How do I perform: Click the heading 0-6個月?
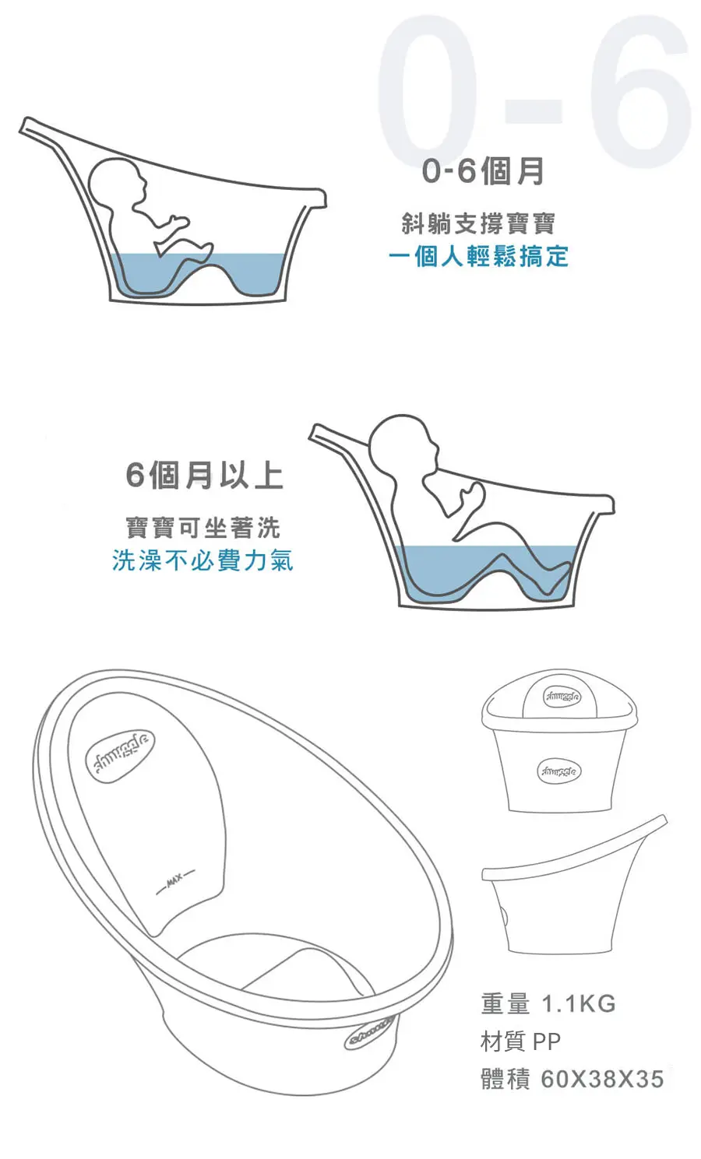click(482, 171)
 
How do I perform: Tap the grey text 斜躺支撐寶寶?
click(478, 223)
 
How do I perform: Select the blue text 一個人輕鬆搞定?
click(478, 256)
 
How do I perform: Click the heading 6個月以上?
click(204, 475)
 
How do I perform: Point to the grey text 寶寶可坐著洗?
click(203, 527)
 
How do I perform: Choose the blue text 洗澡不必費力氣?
click(203, 560)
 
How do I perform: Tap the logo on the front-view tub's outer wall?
click(558, 772)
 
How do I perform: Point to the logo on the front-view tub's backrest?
click(562, 697)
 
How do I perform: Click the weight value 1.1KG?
click(578, 1003)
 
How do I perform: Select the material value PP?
click(547, 1041)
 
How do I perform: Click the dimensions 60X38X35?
click(602, 1080)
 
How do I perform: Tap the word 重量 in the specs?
click(505, 1003)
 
